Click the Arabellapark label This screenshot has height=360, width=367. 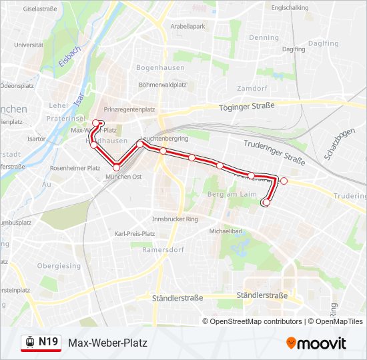coord(188,26)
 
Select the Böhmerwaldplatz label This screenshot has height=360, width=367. coord(162,85)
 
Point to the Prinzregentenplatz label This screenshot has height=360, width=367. coord(130,109)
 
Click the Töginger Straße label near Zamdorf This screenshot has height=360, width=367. coord(248,107)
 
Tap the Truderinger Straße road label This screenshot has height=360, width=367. coord(274,151)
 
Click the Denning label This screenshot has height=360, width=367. coord(264,38)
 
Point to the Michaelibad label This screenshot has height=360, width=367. coord(224,231)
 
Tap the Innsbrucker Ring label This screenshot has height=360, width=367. coord(175,219)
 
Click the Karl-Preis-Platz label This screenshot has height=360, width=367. coord(135,234)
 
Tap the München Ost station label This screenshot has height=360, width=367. coord(124,177)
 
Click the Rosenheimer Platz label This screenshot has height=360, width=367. coord(75,168)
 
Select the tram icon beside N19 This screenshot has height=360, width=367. coord(30,343)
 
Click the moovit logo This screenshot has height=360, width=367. coord(316,343)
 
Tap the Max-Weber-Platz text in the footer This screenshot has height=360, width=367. coord(107,343)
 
